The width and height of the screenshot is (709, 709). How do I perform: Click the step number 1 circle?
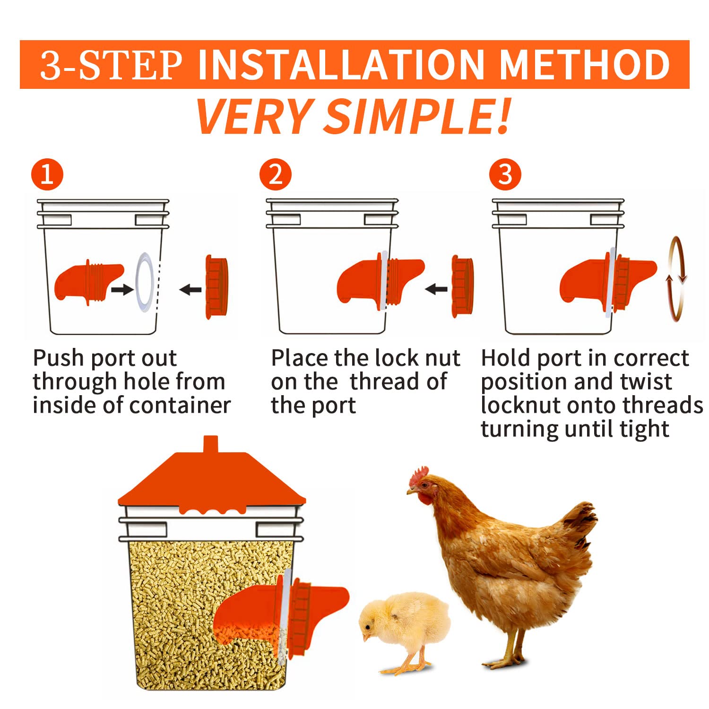point(47,174)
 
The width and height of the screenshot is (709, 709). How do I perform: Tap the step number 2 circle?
point(276,174)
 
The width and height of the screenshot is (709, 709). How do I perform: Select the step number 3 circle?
point(505,174)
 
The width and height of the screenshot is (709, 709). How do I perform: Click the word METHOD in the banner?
point(585,65)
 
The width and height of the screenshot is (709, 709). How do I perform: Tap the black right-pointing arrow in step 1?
point(122,289)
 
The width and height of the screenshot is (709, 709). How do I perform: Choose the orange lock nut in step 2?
point(462,286)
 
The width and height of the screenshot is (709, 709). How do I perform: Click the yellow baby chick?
point(404,631)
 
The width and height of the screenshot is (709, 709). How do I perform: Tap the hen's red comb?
point(419,476)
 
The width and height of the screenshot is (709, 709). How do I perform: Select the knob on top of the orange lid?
point(210,444)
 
